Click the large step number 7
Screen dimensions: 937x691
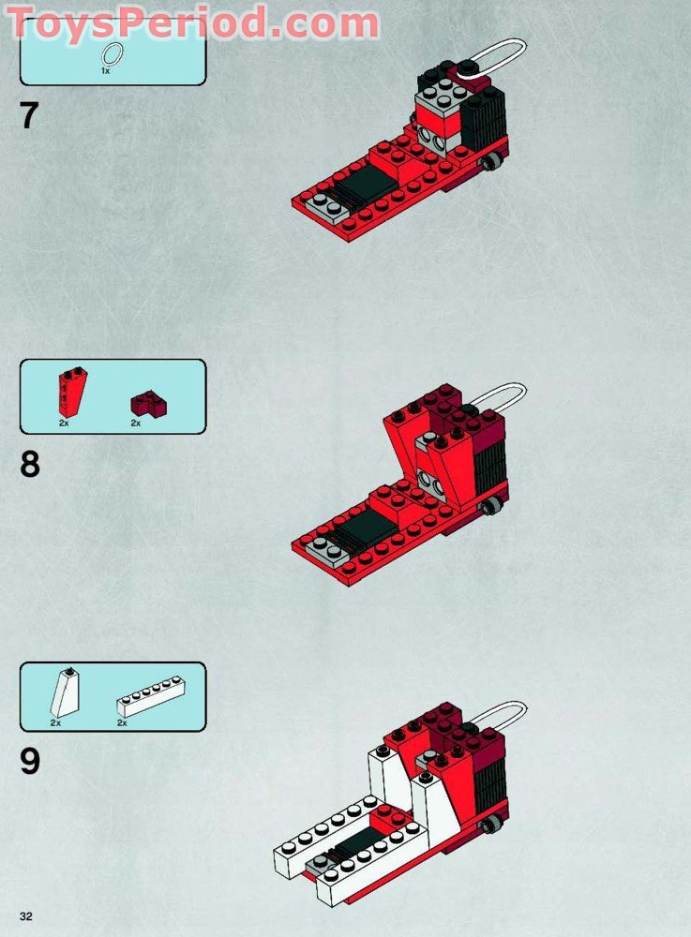29,116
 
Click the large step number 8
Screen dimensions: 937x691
30,464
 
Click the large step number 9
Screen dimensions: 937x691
30,761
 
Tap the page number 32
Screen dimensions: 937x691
25,915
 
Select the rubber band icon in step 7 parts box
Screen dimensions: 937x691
112,52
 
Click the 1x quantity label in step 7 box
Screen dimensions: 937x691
106,71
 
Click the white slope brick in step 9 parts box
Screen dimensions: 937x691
66,693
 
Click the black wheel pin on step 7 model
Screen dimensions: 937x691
491,165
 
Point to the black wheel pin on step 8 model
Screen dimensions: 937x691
490,508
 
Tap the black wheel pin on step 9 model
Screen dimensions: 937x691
490,824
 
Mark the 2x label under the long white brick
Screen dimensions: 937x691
122,723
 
